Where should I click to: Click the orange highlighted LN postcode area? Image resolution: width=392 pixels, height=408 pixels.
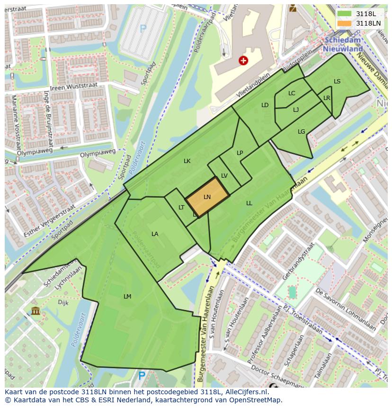point(207,197)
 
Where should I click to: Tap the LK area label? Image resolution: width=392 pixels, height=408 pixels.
point(187,161)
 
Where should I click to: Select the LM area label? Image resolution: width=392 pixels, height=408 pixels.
point(127,296)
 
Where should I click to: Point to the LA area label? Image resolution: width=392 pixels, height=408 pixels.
point(155,234)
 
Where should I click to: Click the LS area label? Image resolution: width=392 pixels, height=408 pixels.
point(337,82)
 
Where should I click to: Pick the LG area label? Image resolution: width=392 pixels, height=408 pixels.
point(302,132)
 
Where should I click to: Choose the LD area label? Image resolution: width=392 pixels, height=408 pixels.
point(265,105)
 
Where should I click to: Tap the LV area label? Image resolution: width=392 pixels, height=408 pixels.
point(224,176)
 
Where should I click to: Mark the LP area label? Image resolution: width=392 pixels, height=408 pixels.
point(240,153)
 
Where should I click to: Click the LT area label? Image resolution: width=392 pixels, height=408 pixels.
point(181,208)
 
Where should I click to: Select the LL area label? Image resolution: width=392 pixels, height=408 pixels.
point(249,203)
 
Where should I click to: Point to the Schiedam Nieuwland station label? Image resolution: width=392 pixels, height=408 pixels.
point(343,45)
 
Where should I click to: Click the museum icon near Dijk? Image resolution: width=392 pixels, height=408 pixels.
point(36,311)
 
